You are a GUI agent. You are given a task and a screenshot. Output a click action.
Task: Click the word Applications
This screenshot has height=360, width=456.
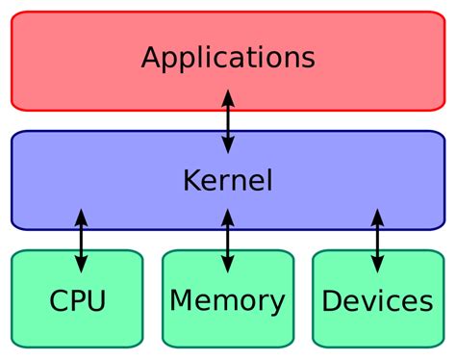tap(228, 58)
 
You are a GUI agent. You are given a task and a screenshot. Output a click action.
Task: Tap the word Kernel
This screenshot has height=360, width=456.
tap(228, 180)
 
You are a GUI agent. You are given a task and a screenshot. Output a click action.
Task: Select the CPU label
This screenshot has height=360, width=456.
tap(77, 301)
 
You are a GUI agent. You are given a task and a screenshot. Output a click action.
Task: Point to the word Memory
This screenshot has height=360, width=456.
tap(227, 301)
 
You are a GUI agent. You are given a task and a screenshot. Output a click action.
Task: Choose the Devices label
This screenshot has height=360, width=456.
tap(377, 301)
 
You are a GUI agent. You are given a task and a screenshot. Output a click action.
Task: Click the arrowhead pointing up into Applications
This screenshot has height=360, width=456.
tap(228, 95)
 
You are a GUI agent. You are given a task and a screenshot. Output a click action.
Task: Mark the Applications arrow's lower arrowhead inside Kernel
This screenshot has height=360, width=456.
tap(228, 146)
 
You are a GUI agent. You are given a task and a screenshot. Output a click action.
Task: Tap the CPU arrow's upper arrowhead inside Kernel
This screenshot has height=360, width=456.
tap(81, 216)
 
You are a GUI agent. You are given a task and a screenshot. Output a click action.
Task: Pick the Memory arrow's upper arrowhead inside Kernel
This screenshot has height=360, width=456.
tap(227, 216)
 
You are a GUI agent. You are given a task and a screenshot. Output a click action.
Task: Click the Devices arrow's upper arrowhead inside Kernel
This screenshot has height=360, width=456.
tap(377, 216)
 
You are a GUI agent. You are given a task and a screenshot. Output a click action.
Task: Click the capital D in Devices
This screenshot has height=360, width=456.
tap(332, 301)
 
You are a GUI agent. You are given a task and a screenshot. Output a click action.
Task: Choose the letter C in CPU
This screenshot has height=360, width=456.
tap(58, 301)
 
